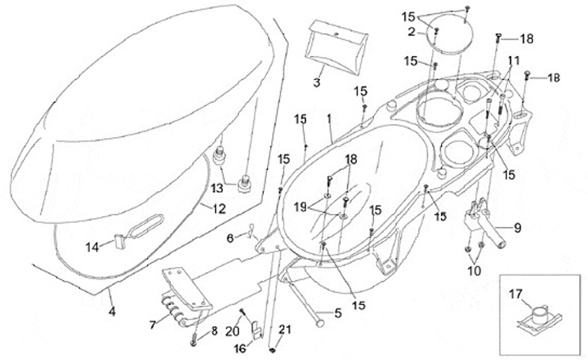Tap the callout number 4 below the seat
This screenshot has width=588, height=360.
(x=113, y=309)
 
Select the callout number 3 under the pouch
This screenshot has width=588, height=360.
(x=317, y=83)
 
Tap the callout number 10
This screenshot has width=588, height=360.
(x=472, y=269)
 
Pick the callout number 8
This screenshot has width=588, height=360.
(x=215, y=331)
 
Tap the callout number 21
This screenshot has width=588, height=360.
(x=285, y=331)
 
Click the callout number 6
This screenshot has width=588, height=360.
(x=230, y=238)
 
